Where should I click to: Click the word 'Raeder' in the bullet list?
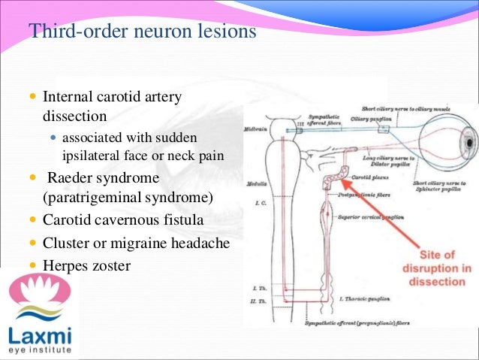click(75, 179)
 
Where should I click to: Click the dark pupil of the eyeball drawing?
click(470, 140)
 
